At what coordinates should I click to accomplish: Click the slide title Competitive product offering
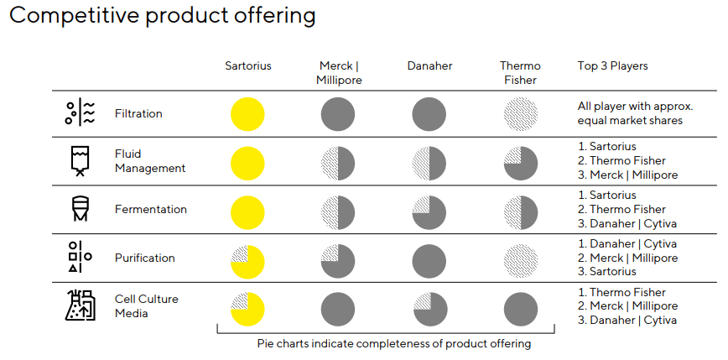coord(163,16)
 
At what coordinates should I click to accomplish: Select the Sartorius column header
coord(247,65)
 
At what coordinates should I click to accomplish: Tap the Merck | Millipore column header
coord(337,73)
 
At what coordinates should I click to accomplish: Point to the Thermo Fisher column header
coord(520,73)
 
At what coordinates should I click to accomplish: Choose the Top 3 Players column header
coord(612,65)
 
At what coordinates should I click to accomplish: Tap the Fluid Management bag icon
coord(80,161)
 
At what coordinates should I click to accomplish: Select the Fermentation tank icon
coord(80,209)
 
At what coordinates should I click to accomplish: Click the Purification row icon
coord(80,258)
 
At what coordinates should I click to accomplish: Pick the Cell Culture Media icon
coord(80,305)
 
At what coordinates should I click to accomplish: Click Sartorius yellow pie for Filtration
coord(247,114)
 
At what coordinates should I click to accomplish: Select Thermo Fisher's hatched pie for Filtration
coord(520,114)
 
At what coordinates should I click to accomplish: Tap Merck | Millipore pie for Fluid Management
coord(338,164)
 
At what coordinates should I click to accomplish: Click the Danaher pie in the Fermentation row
coord(429,212)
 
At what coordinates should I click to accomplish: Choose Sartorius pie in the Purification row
coord(247,261)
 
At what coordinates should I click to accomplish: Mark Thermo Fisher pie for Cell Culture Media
coord(520,309)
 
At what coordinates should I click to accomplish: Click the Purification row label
coord(144,258)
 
